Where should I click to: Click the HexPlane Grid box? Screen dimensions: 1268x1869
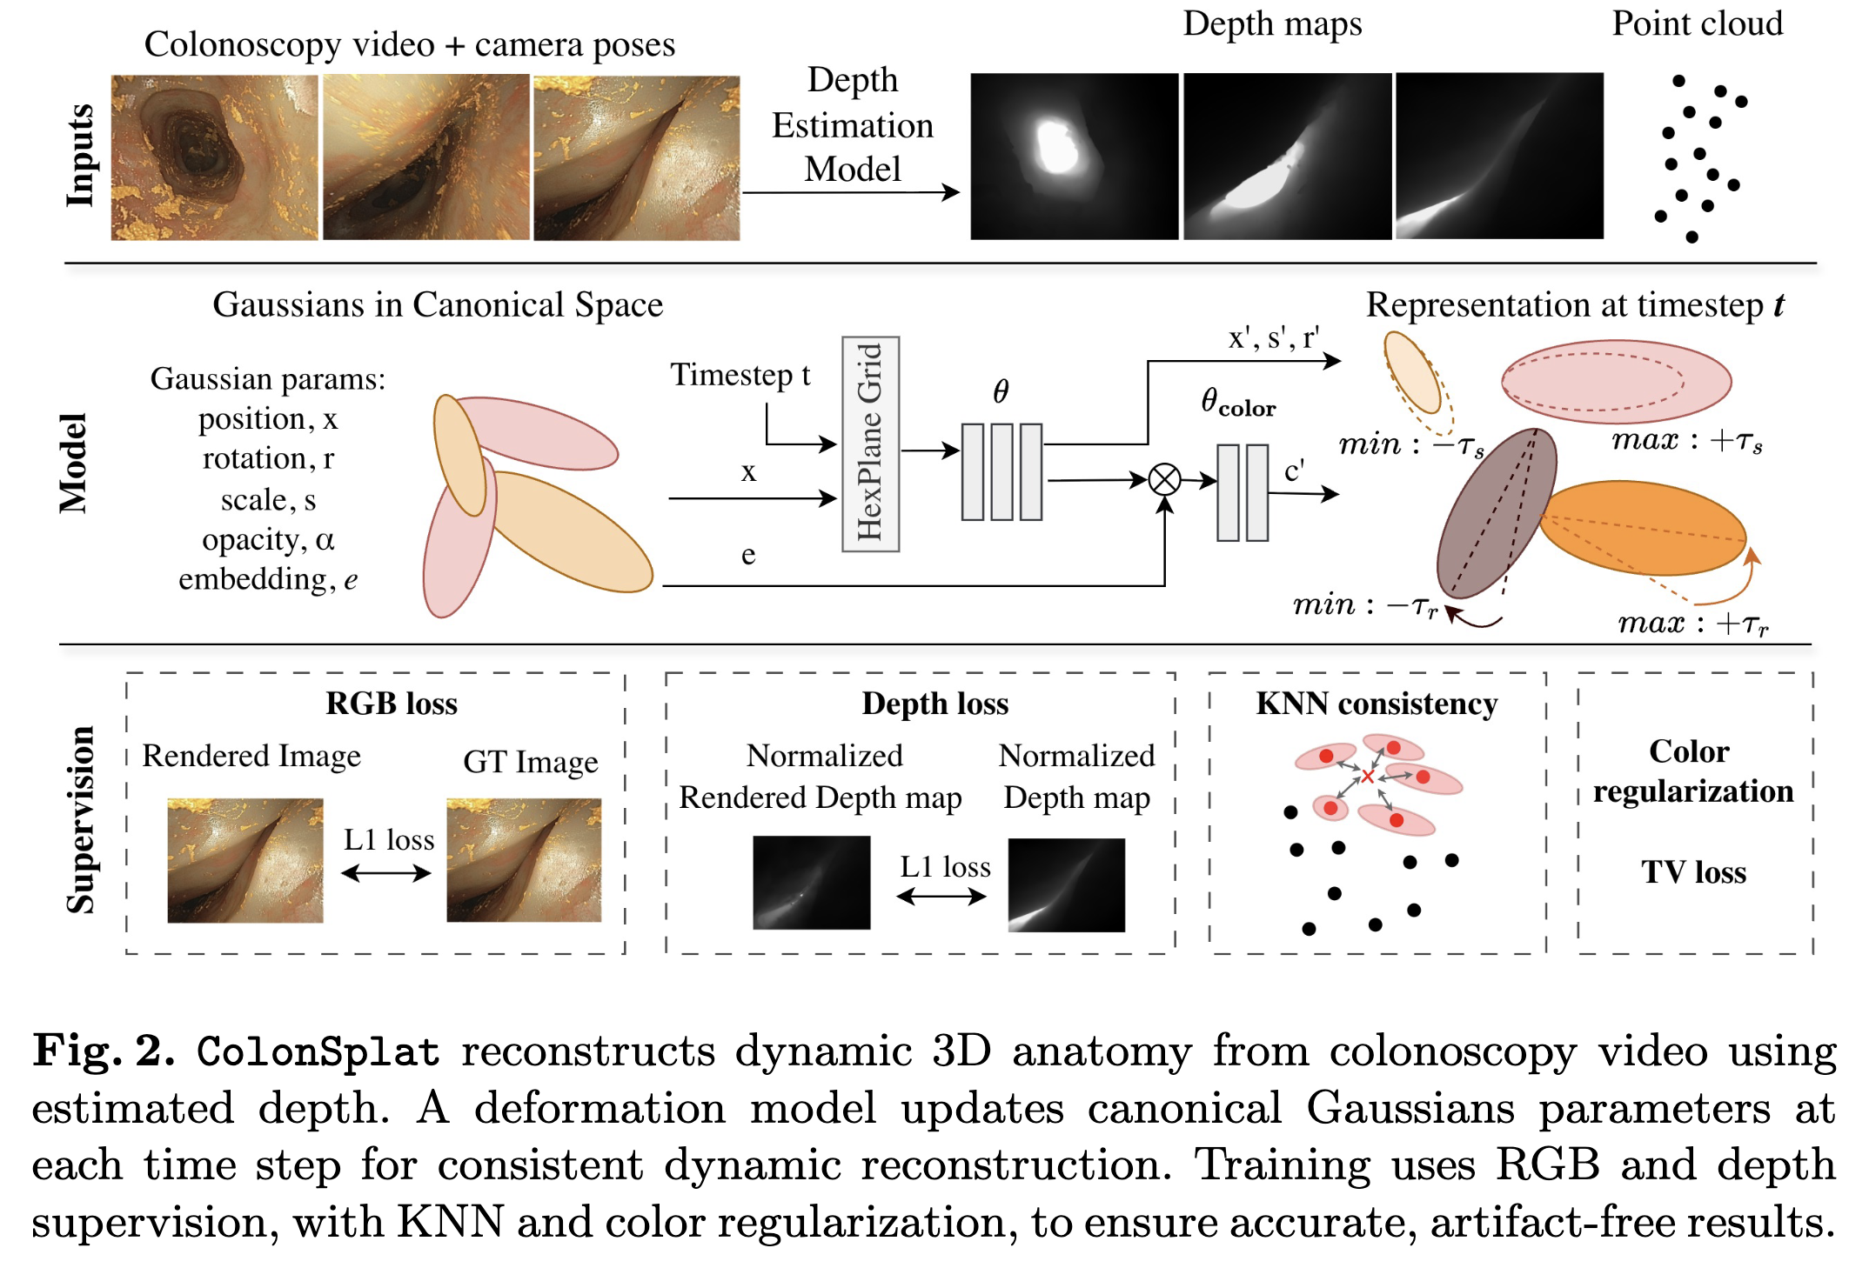tap(870, 444)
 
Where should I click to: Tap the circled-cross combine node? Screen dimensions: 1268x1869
tap(1164, 479)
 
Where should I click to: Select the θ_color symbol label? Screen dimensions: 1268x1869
tap(1237, 403)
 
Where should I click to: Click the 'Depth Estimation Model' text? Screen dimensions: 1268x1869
tap(852, 124)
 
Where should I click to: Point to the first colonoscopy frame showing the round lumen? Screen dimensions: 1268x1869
tap(214, 157)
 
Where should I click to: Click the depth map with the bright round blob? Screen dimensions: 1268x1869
tap(1074, 157)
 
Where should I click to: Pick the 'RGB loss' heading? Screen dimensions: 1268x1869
tap(392, 703)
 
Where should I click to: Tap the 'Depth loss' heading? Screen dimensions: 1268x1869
tap(934, 703)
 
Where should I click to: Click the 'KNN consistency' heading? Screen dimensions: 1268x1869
tap(1377, 703)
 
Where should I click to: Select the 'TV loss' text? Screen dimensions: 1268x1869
tap(1693, 871)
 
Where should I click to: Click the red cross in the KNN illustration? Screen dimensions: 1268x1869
tap(1368, 776)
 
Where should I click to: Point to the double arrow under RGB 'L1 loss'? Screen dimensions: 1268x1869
tap(386, 873)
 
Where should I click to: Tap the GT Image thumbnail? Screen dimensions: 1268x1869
tap(524, 860)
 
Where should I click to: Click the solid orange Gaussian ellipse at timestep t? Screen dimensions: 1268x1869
tap(1643, 528)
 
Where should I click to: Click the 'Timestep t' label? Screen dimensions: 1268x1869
tap(740, 375)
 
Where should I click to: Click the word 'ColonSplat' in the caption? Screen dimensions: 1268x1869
tap(318, 1051)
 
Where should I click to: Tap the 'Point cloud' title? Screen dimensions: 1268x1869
tap(1697, 23)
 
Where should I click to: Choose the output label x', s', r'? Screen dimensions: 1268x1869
tap(1273, 337)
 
